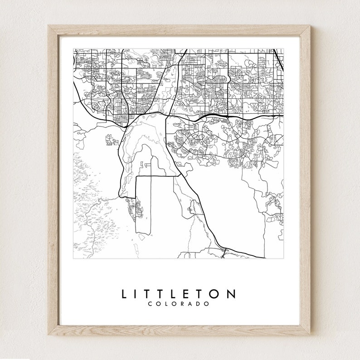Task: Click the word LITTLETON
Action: point(178,294)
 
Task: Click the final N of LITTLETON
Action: point(231,294)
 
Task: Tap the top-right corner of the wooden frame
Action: point(311,26)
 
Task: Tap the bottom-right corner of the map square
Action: point(283,258)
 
